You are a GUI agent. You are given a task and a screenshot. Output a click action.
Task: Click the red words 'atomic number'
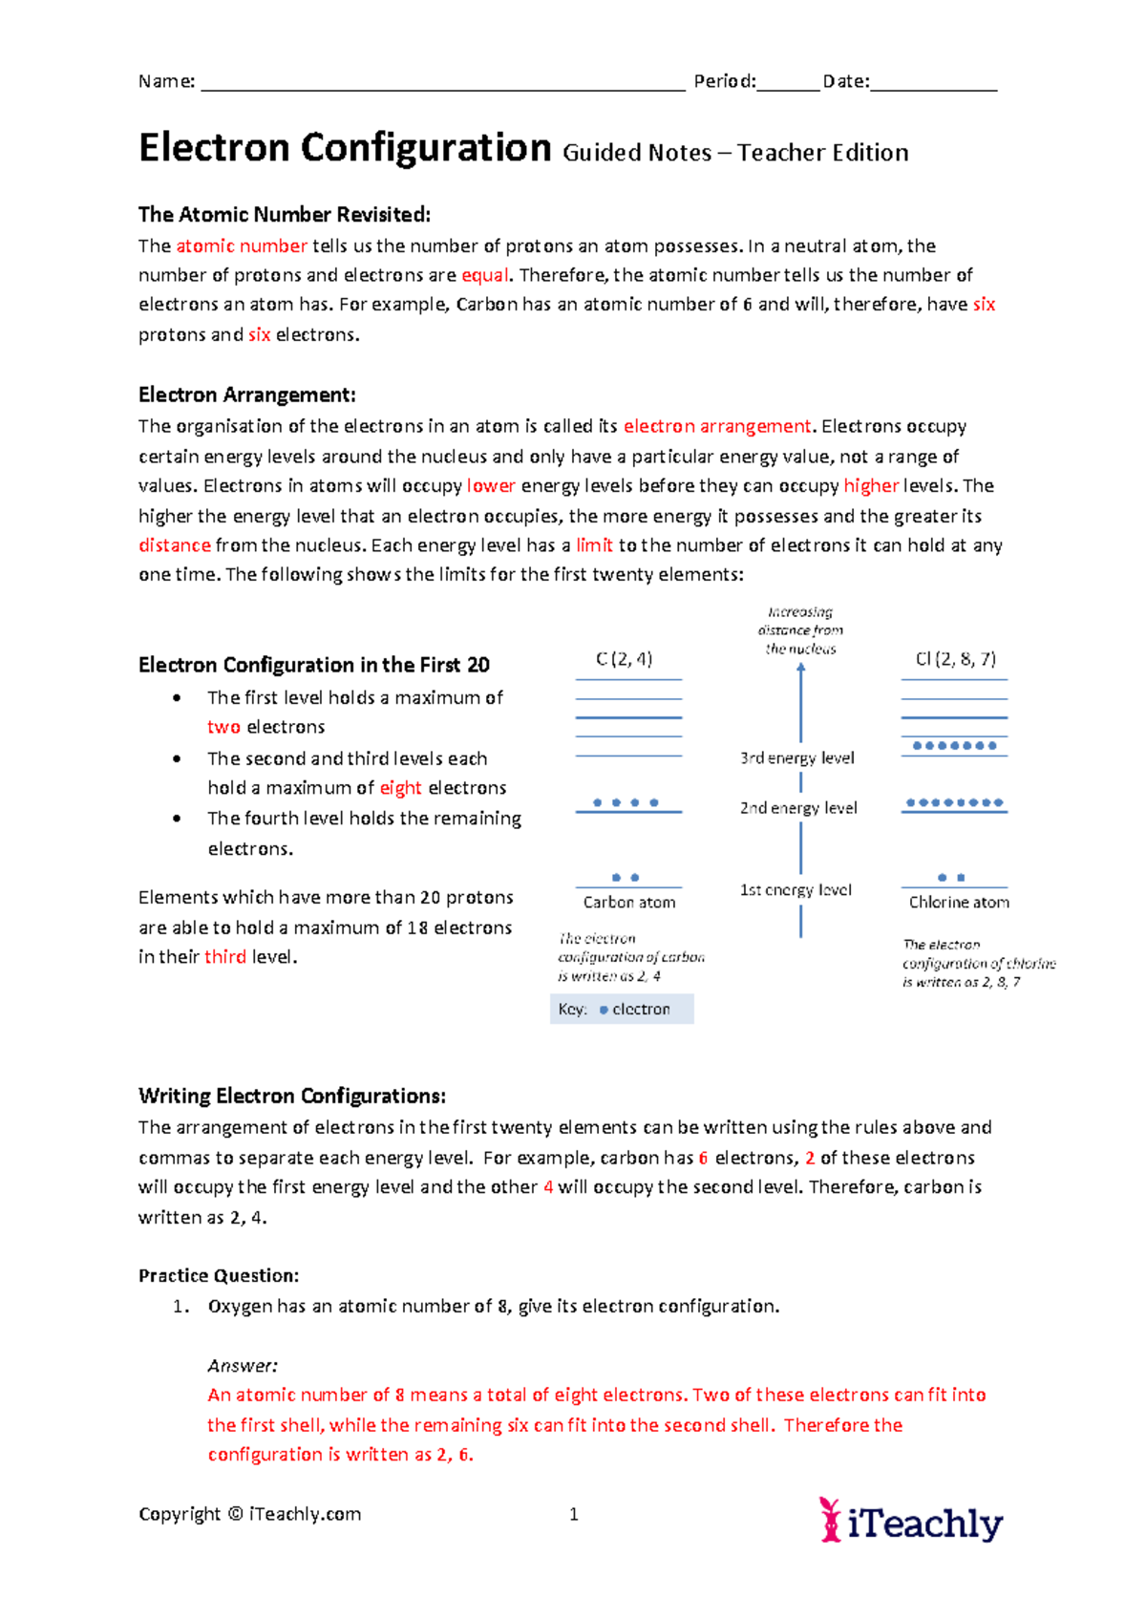click(x=242, y=246)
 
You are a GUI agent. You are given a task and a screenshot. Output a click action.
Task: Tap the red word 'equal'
click(x=485, y=276)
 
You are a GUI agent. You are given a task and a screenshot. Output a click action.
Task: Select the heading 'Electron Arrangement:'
click(x=246, y=395)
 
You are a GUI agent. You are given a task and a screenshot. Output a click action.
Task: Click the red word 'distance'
click(x=174, y=545)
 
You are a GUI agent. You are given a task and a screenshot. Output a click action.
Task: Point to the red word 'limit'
click(x=594, y=545)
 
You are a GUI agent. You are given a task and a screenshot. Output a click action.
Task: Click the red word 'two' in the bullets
click(x=223, y=727)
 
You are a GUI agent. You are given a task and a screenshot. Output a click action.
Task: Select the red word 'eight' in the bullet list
click(x=400, y=788)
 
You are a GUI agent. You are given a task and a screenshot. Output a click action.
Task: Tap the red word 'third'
click(x=225, y=957)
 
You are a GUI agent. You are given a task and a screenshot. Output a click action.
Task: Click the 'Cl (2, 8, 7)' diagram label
click(x=955, y=659)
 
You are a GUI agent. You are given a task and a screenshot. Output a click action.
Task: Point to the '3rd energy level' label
click(x=796, y=758)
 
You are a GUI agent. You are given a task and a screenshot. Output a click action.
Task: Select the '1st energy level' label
click(x=796, y=890)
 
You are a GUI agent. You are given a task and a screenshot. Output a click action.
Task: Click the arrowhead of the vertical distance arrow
click(x=800, y=669)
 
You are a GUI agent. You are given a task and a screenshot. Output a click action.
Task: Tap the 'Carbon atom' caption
click(x=629, y=903)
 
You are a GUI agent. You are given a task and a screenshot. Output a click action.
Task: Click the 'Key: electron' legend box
click(x=622, y=1010)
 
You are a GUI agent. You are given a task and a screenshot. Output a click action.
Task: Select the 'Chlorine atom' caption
click(x=959, y=903)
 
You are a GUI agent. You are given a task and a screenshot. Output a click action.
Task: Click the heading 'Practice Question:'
click(x=219, y=1276)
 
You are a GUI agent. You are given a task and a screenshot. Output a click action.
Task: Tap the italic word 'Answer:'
click(x=243, y=1366)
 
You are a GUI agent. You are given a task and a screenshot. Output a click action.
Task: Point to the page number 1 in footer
click(x=574, y=1514)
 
